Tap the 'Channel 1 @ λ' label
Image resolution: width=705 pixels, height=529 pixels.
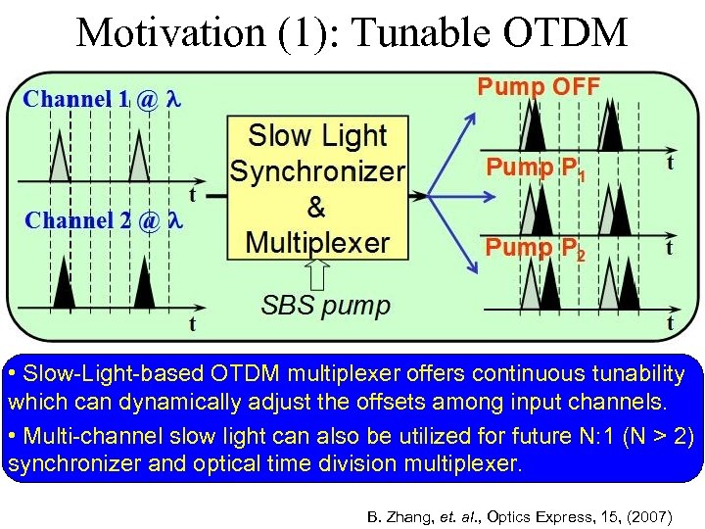[x=103, y=99]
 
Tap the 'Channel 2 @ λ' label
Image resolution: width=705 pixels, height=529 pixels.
[x=103, y=220]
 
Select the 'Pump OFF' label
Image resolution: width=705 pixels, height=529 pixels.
[x=539, y=86]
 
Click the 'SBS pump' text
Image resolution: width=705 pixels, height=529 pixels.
[x=325, y=305]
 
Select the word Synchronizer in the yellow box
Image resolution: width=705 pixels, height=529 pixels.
[x=317, y=171]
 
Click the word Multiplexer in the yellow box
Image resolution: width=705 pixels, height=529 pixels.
[x=317, y=242]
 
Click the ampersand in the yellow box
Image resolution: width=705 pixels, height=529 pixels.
[x=316, y=207]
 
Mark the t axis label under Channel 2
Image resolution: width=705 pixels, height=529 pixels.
[x=192, y=322]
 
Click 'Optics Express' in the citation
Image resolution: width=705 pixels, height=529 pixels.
[x=547, y=513]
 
